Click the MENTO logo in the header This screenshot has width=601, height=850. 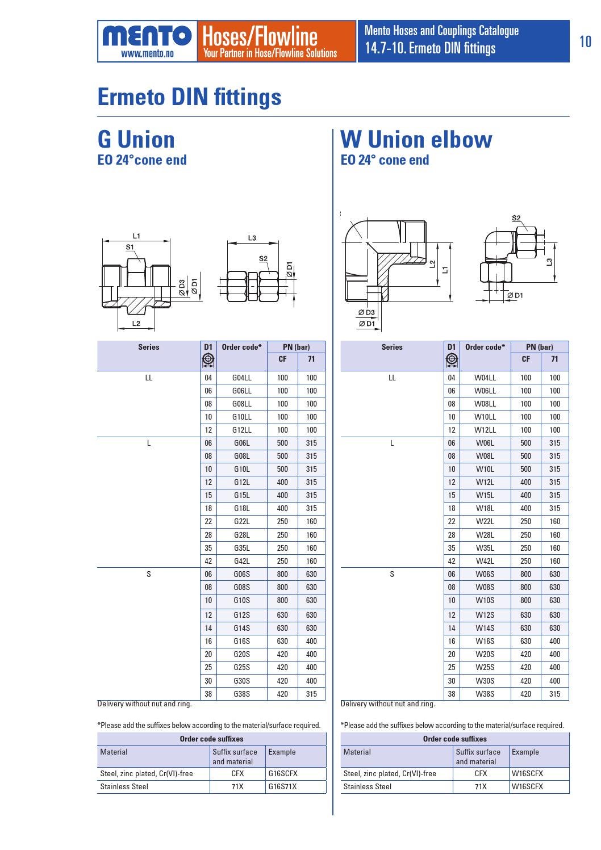(147, 36)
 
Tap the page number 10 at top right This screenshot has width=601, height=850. (585, 41)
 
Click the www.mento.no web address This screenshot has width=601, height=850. (147, 54)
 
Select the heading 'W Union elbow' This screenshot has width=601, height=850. (416, 139)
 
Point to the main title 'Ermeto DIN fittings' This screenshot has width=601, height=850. (189, 97)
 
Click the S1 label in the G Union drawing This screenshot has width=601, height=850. (130, 247)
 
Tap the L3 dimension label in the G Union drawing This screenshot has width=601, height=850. (252, 238)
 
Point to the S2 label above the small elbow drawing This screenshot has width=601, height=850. (516, 218)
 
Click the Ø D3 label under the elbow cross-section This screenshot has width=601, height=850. (366, 312)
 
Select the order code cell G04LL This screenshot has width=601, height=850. (241, 378)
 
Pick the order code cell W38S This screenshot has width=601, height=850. (485, 694)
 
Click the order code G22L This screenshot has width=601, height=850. (241, 521)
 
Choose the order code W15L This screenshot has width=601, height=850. (485, 495)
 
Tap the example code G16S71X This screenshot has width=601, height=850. (282, 786)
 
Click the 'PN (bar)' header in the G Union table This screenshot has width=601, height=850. (296, 347)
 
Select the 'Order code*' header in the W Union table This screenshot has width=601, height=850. (485, 347)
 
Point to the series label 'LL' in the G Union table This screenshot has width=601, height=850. (149, 378)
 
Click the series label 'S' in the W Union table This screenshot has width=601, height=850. (392, 574)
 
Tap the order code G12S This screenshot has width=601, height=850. (241, 615)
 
